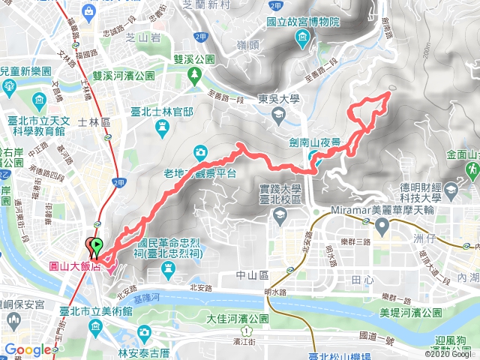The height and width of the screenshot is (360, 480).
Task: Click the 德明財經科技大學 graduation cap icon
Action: [x=450, y=192]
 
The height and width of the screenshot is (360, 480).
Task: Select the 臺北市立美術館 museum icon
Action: [x=96, y=327]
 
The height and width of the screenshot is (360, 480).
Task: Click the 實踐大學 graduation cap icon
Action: [x=279, y=215]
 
